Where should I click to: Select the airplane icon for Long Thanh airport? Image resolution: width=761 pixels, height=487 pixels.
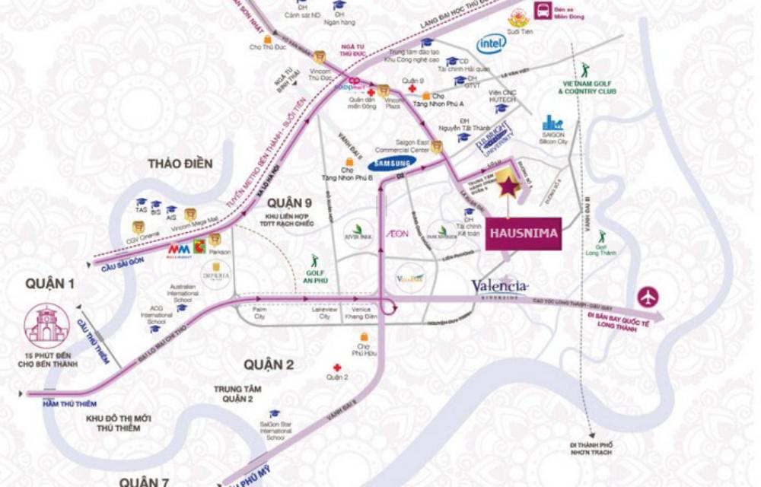point(648,297)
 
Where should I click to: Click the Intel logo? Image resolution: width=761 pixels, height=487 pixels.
point(491,45)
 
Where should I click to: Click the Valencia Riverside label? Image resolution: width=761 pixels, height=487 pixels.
point(500,288)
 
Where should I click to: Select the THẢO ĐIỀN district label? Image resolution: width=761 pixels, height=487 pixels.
point(180,164)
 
